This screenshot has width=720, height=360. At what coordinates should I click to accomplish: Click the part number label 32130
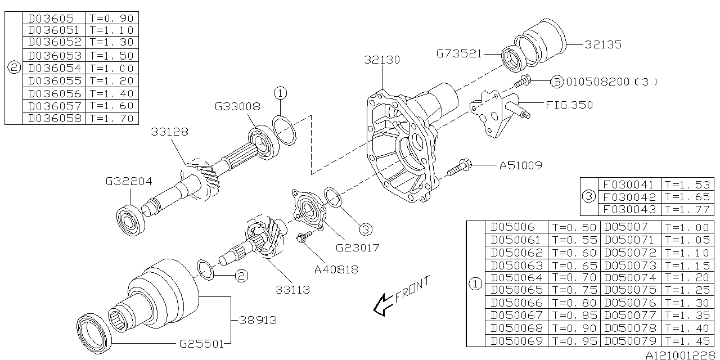click(382, 59)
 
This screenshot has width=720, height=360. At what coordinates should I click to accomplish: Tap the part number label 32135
click(602, 44)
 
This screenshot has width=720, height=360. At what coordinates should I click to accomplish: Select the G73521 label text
click(459, 54)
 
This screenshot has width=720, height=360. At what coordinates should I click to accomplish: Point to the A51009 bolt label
click(521, 165)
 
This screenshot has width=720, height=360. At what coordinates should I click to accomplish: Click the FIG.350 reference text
click(569, 105)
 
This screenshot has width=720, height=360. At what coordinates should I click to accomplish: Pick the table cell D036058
click(55, 118)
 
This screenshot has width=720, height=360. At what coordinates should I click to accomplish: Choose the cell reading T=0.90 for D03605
click(111, 17)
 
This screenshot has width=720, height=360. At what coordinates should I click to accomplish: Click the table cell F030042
click(628, 197)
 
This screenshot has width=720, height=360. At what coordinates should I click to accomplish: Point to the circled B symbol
click(556, 82)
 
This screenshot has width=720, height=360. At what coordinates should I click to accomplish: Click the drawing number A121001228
click(681, 354)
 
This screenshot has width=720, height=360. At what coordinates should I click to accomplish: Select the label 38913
click(258, 319)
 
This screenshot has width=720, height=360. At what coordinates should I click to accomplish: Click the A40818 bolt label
click(336, 269)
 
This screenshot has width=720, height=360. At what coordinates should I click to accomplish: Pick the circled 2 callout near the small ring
click(241, 276)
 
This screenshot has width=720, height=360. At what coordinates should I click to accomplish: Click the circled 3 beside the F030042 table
click(588, 197)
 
